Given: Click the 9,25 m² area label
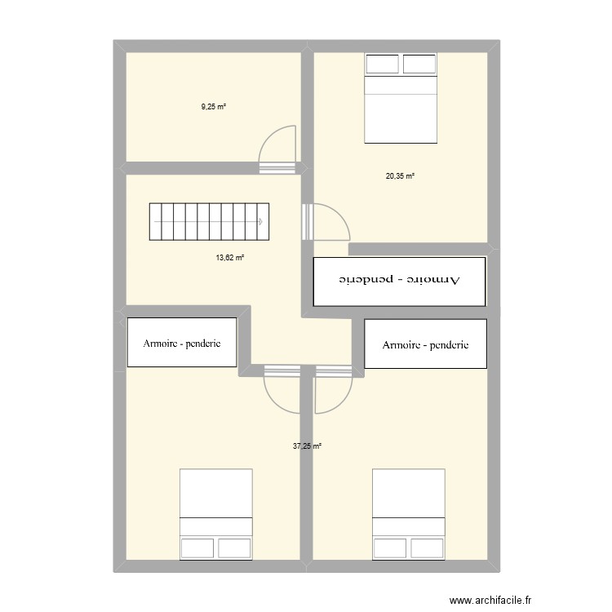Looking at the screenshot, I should [214, 106].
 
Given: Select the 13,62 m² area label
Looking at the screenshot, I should [230, 257].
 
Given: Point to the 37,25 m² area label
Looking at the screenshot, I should [307, 446].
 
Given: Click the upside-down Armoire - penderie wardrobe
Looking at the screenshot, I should [400, 282].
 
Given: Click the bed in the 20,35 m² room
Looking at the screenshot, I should [400, 98].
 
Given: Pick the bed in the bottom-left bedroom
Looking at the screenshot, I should [215, 514].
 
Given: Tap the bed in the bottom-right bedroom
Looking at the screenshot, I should [408, 514].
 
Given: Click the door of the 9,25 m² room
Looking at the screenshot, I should [277, 151].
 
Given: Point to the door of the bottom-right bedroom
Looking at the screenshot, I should [332, 388].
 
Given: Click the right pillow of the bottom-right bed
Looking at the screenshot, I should [427, 548].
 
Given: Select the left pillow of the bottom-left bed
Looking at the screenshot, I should [198, 548].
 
